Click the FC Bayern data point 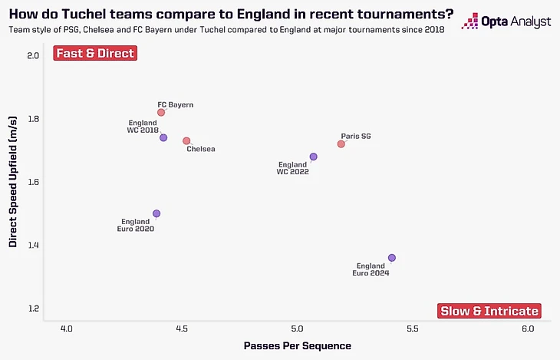(x=161, y=112)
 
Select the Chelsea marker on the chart (x=186, y=141)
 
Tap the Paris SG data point (x=341, y=144)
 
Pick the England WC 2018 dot (x=163, y=137)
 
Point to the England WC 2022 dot (x=313, y=157)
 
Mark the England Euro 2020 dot (x=156, y=213)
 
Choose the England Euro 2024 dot (x=392, y=258)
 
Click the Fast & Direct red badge (x=94, y=54)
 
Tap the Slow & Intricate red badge (x=489, y=311)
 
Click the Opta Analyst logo (x=506, y=21)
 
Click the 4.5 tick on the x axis (x=182, y=329)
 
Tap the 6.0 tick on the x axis (x=528, y=329)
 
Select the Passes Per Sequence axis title (x=297, y=346)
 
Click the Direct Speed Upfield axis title (x=13, y=182)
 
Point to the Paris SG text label (x=356, y=136)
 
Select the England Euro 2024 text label (x=371, y=269)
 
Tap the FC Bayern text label (x=175, y=104)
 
